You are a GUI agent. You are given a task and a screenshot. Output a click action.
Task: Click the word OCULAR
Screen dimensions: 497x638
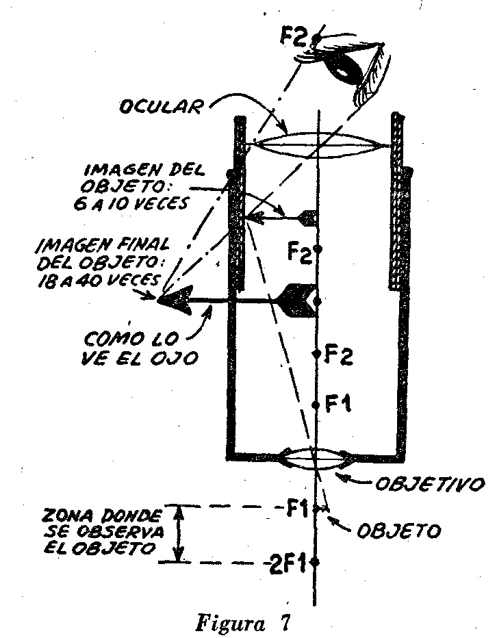(x=161, y=107)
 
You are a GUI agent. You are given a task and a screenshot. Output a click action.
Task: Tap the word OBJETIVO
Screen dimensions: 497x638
(x=430, y=484)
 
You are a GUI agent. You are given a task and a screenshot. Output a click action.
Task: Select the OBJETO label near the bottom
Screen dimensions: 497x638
(x=399, y=531)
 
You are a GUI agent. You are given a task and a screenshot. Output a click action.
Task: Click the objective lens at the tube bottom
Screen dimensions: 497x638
(x=315, y=458)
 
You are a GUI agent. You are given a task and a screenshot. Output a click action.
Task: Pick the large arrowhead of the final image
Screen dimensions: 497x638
(x=175, y=301)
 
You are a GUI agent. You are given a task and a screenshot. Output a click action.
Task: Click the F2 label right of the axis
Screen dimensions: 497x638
(x=339, y=356)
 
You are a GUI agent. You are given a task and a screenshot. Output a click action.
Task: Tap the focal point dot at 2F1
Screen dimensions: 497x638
(x=316, y=563)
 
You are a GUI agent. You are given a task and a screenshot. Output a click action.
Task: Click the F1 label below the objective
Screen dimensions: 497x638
(x=296, y=509)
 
